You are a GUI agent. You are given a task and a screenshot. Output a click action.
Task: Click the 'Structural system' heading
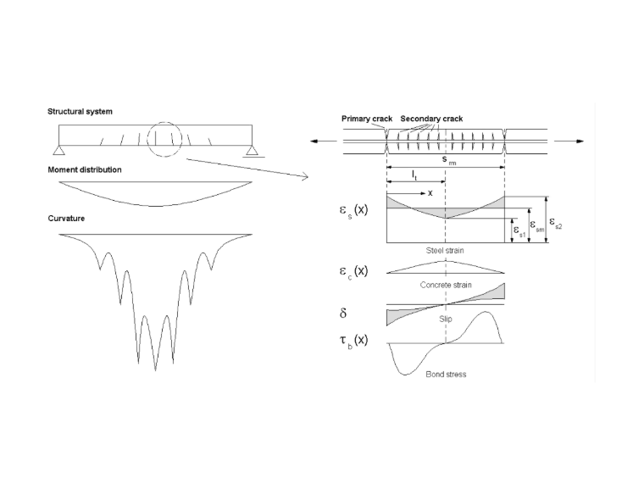coord(80,112)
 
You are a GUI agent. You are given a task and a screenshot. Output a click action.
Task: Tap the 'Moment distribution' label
coord(85,170)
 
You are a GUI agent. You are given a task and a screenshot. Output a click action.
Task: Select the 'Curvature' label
coord(66,219)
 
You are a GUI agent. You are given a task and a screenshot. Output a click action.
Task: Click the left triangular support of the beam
coord(58,150)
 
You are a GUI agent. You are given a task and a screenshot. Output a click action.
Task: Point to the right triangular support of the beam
coord(252,150)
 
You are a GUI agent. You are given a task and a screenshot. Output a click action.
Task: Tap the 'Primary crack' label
coord(367,119)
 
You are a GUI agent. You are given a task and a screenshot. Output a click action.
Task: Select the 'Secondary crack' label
coord(431,119)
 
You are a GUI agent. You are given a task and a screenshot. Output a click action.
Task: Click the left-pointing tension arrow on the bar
coord(323,142)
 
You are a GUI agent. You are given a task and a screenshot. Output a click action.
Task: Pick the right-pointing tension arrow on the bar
coord(569,142)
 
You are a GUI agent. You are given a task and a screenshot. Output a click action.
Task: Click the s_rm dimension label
coord(449,160)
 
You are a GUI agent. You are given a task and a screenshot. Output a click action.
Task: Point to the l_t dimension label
coord(415,175)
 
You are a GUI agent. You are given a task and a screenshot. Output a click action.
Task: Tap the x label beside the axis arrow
coord(430,193)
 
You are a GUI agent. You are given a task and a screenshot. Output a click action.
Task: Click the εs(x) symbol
coord(353,210)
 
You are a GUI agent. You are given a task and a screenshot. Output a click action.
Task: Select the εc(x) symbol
coord(353,271)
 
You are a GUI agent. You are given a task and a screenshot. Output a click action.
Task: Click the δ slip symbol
coord(343,313)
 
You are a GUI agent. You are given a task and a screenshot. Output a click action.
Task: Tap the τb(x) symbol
coord(353,341)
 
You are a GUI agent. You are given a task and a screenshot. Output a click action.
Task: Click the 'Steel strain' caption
coord(445,251)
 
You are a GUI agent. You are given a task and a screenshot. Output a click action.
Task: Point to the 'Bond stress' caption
coord(446,375)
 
